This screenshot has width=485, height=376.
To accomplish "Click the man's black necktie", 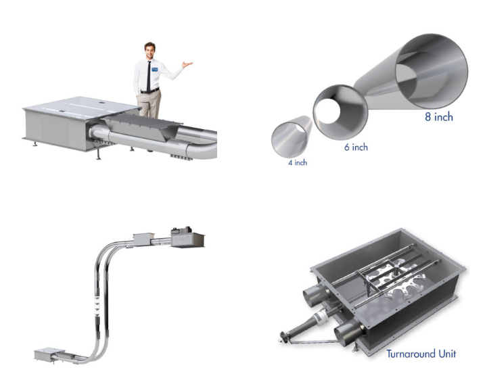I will tap(149, 75).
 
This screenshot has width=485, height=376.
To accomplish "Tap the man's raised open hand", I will tap(184, 66).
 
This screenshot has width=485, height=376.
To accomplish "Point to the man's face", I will tap(149, 51).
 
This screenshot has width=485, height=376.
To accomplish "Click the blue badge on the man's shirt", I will tap(155, 69).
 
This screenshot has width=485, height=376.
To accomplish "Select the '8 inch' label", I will tap(438, 117).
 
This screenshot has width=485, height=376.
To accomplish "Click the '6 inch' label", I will tap(356, 147).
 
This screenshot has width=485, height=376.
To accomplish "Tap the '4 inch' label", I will tap(296, 162).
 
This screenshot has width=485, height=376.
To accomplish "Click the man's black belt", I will tap(149, 90).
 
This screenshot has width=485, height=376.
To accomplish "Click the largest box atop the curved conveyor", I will tap(187, 237).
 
